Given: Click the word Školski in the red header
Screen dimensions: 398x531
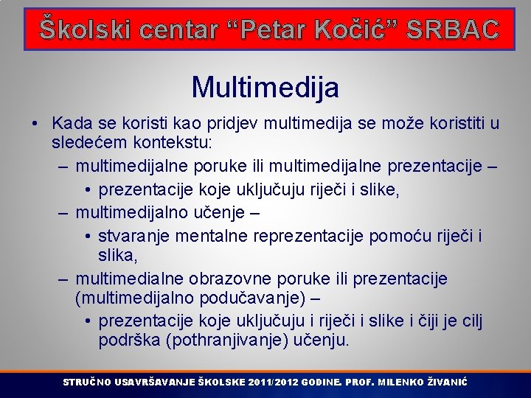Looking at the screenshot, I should pos(82,29).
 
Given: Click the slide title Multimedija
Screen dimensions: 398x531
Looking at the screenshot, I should pos(265,88).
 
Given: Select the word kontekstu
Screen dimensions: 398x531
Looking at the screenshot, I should pos(168,140).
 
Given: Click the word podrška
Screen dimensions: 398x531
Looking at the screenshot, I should pos(130,340).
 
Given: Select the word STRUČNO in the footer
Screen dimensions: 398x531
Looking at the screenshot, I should pos(87,383).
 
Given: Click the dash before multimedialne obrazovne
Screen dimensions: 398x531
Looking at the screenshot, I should pos(63,279).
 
